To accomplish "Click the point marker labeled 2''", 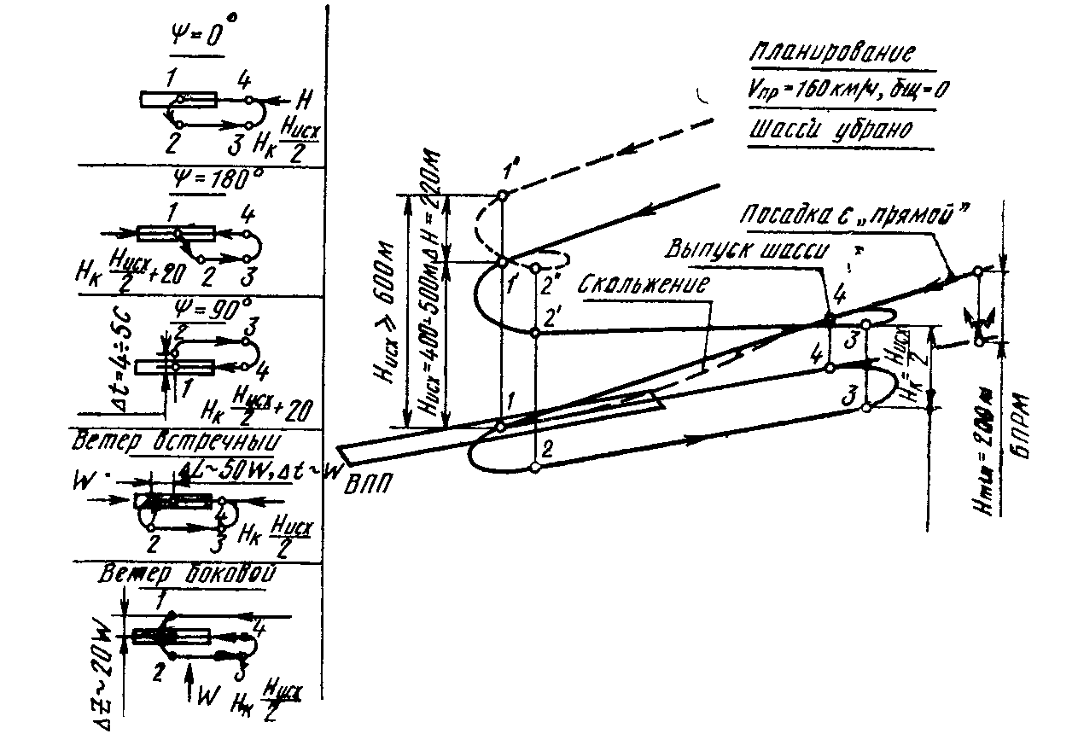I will [535, 268].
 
